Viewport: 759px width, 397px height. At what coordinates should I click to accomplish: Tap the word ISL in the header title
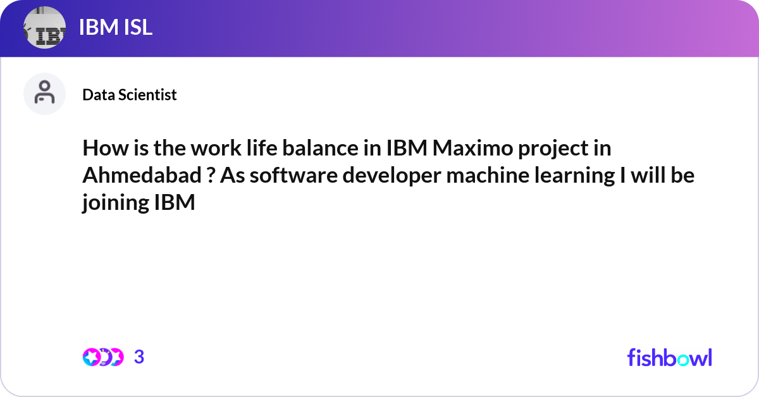pos(134,28)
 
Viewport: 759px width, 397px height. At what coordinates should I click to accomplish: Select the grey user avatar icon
pos(44,94)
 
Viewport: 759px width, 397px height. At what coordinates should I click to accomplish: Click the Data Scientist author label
pos(130,95)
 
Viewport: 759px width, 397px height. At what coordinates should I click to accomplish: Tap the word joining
pos(114,204)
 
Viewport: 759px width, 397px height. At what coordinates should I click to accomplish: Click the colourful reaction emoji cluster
pos(102,357)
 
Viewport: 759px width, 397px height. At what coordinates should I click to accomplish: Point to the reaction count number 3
pos(139,357)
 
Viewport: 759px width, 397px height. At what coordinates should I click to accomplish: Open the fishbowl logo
pos(669,357)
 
